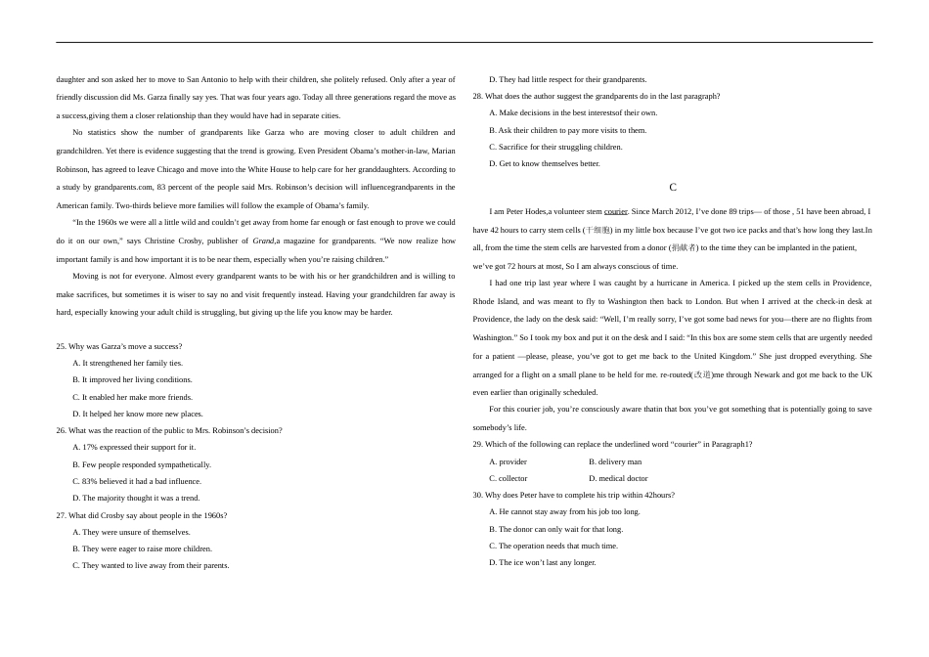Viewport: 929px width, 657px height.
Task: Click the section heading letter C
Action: (x=673, y=187)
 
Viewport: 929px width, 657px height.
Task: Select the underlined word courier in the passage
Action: (x=616, y=211)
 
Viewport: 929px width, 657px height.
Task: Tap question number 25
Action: (x=61, y=346)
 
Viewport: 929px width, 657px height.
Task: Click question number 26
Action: (x=61, y=430)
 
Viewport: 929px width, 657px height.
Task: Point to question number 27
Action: (x=61, y=515)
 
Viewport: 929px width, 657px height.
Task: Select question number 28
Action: (x=477, y=96)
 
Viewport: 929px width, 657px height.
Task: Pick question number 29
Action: (x=477, y=444)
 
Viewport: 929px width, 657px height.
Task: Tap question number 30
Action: (x=477, y=495)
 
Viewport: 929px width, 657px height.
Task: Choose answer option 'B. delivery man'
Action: (x=615, y=461)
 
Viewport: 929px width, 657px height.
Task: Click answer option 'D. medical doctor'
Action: (x=618, y=478)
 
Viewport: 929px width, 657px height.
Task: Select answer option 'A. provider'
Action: (x=508, y=461)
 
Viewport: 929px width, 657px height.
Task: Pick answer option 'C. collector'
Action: (x=508, y=478)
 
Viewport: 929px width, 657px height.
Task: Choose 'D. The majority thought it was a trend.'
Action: (x=136, y=498)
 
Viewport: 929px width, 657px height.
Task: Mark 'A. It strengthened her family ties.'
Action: (x=127, y=363)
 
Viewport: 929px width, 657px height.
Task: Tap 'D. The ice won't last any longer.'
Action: (x=542, y=562)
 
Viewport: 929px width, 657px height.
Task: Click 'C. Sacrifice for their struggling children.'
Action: (x=555, y=147)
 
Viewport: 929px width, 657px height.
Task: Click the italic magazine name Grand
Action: (x=263, y=241)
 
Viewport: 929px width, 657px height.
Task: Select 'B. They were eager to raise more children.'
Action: (x=142, y=548)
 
